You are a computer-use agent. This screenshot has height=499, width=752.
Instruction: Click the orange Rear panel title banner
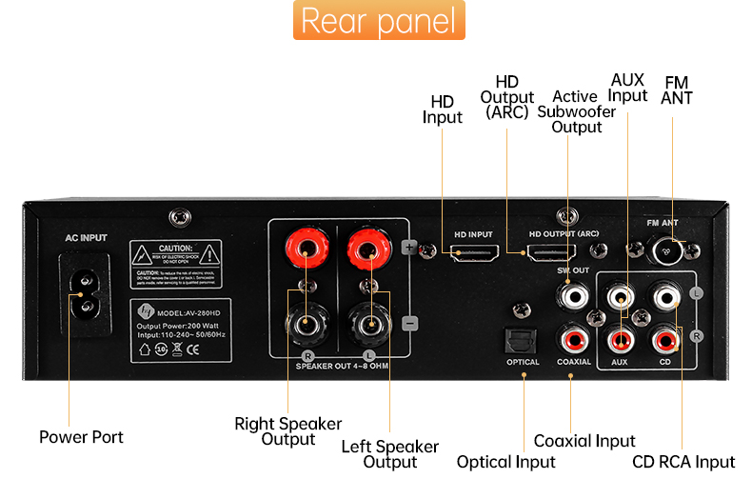point(378,21)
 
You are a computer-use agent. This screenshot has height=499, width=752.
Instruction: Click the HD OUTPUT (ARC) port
point(550,254)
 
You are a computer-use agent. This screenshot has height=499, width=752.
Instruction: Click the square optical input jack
point(524,338)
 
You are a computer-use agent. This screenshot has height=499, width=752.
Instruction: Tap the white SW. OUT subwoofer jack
point(575,296)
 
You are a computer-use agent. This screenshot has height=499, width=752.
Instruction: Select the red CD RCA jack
point(665,337)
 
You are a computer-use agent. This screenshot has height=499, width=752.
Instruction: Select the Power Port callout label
point(81,437)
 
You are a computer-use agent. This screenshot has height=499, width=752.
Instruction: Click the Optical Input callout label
point(505,462)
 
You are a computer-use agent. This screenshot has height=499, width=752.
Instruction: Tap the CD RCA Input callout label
point(683,462)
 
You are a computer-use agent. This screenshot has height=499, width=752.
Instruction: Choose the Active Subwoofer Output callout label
point(576,111)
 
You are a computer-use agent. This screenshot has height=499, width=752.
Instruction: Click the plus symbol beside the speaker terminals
point(410,248)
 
